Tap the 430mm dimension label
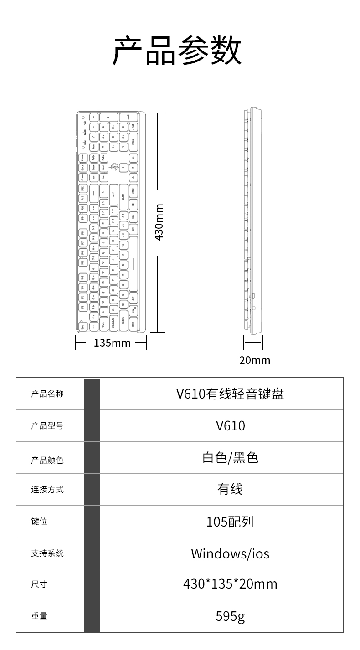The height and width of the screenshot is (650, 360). (159, 222)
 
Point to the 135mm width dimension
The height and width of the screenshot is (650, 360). (112, 343)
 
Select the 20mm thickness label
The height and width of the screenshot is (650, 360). (255, 360)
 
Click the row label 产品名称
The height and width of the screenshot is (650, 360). (47, 394)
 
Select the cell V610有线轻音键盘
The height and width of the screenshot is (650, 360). (230, 394)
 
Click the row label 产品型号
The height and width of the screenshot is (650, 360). (47, 426)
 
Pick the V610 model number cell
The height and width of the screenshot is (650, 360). (230, 426)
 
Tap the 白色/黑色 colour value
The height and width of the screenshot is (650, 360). (230, 458)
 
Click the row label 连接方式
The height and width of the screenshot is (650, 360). (47, 490)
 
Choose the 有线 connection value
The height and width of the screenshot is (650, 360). (230, 490)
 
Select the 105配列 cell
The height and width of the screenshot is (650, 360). (230, 522)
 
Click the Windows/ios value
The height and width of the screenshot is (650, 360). (230, 553)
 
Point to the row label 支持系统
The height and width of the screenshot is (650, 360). (47, 553)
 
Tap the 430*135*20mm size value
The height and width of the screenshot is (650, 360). (230, 584)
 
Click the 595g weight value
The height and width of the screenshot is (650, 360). (230, 616)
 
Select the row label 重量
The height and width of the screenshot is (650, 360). (39, 616)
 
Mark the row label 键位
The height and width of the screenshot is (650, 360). (39, 522)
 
